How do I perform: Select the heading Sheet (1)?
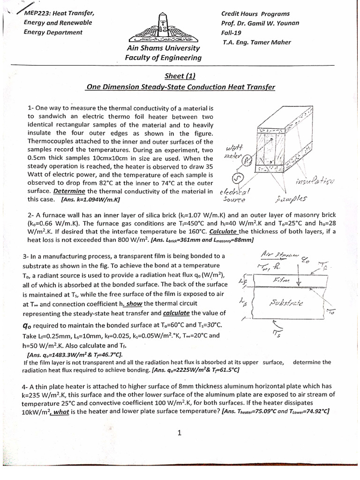[x=180, y=77]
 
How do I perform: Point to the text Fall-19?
[x=231, y=32]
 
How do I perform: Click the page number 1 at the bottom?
[x=180, y=433]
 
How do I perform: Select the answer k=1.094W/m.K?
[x=90, y=199]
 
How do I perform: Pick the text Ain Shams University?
[x=163, y=48]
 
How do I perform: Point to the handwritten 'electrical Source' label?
[x=236, y=195]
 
